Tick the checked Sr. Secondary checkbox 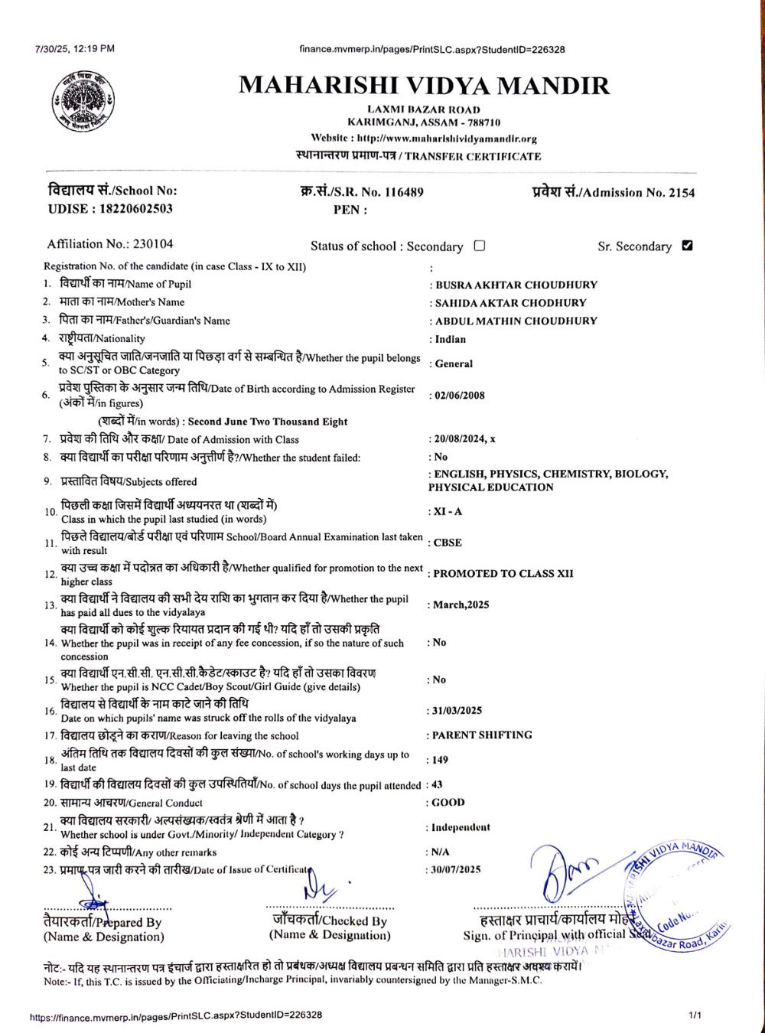tap(687, 246)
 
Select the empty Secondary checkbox tap(480, 246)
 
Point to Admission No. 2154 tap(681, 193)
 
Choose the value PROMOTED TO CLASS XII tap(503, 574)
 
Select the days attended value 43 tap(438, 785)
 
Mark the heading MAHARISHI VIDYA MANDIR tap(425, 85)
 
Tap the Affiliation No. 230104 tap(153, 244)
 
